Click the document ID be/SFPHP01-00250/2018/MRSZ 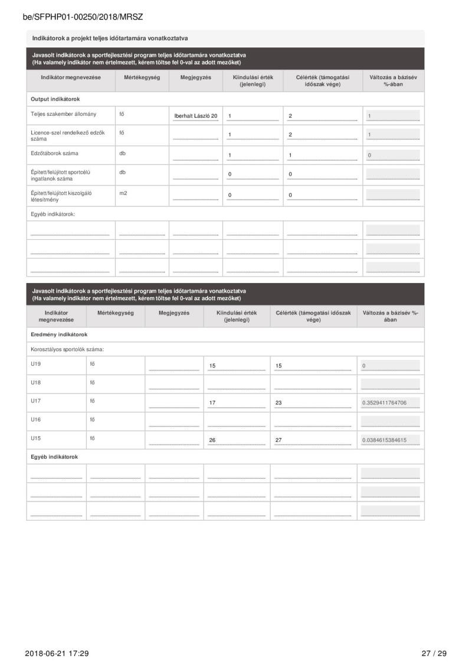coord(83,17)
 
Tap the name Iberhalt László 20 coord(196,116)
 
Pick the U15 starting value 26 coord(213,440)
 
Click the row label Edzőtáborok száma coord(54,154)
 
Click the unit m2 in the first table coord(123,193)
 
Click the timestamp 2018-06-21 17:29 coord(57,653)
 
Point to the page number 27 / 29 coord(434,653)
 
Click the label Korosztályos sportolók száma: coord(67,349)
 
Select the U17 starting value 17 coord(213,404)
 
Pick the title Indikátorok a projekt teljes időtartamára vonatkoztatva coord(110,38)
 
